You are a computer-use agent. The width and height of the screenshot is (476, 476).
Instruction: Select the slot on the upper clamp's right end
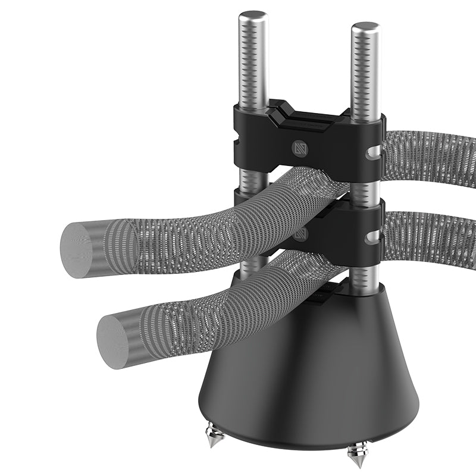(x=373, y=155)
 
